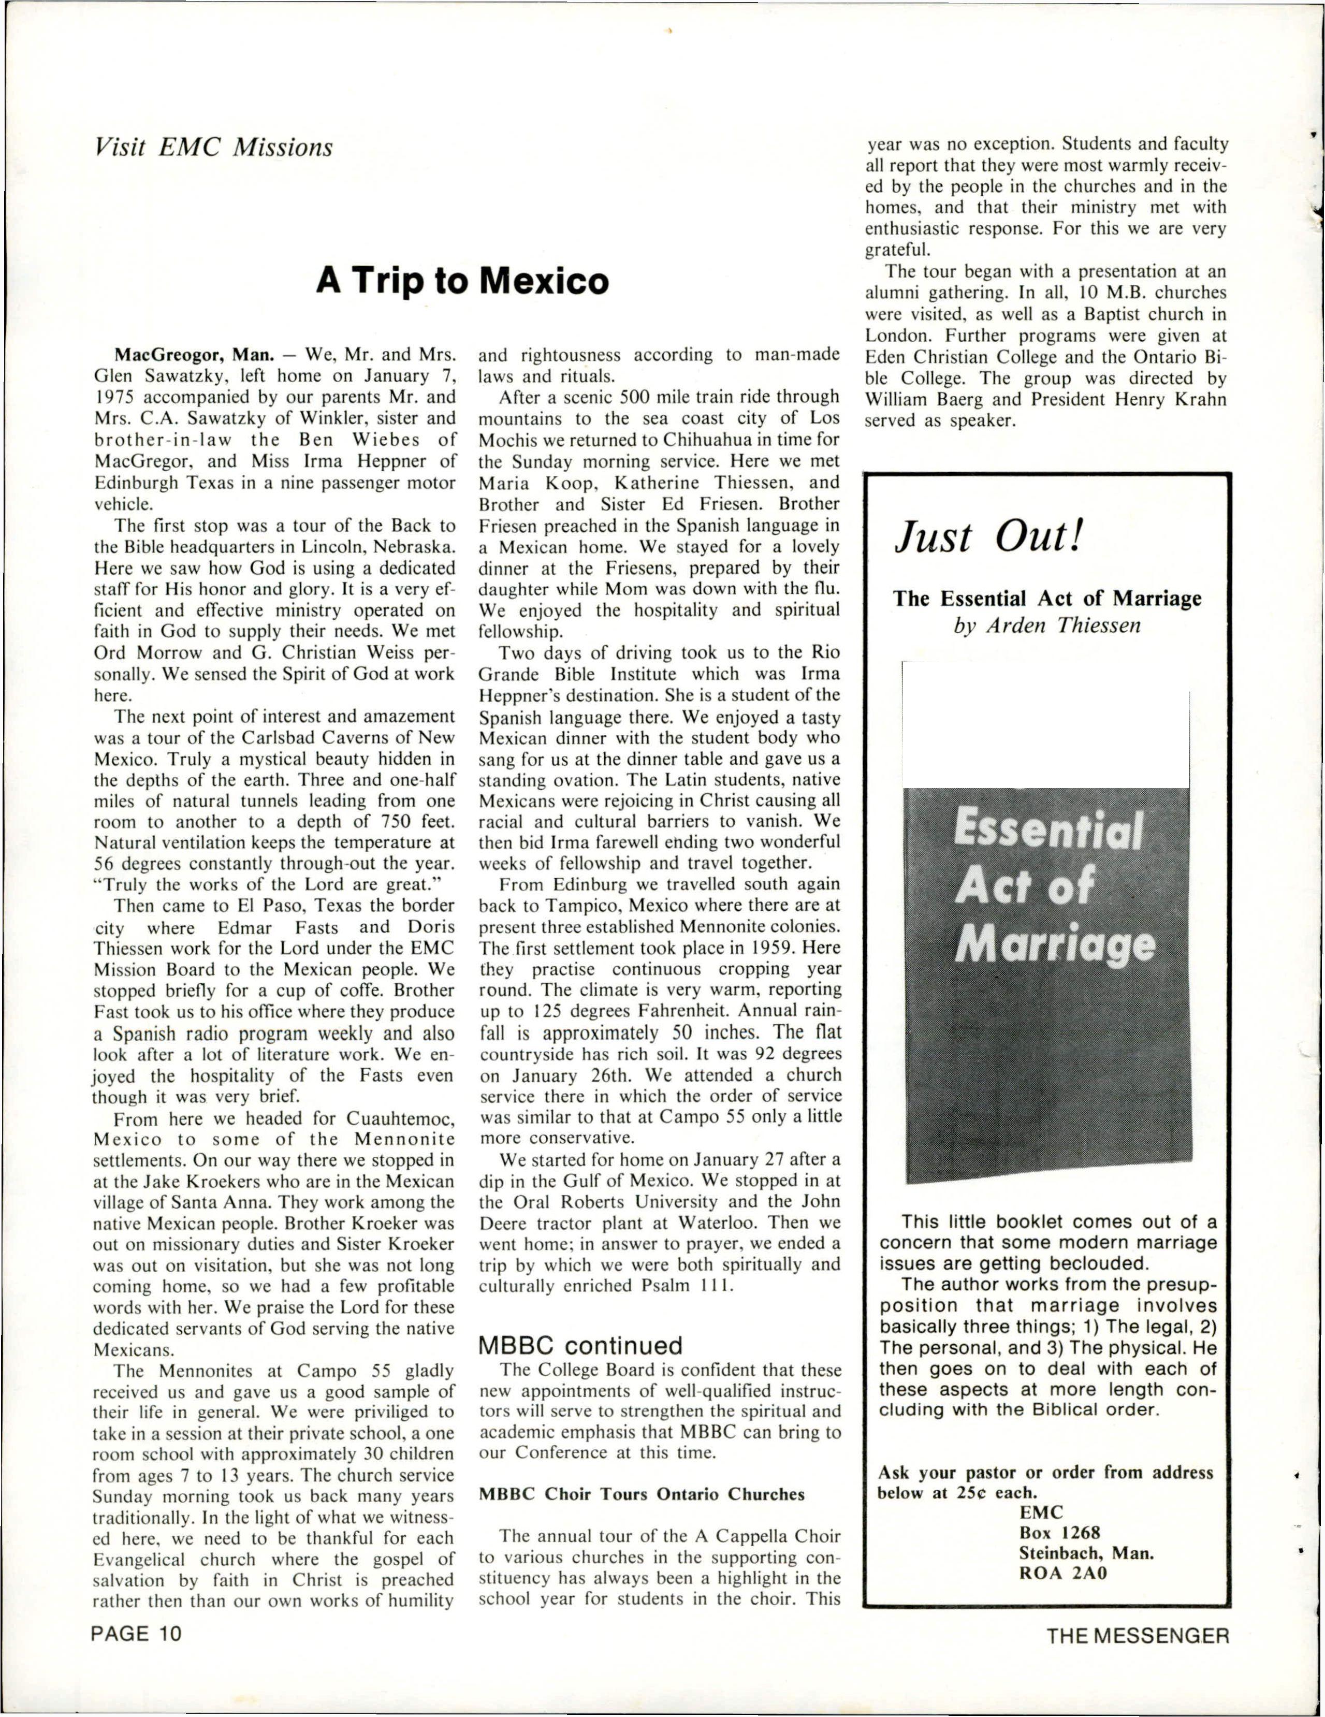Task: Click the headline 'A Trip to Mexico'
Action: tap(462, 281)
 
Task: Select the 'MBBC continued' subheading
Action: tap(580, 1345)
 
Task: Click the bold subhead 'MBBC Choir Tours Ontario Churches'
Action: tap(642, 1494)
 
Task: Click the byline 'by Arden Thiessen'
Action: tap(1046, 627)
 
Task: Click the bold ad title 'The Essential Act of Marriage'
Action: tap(1046, 599)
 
